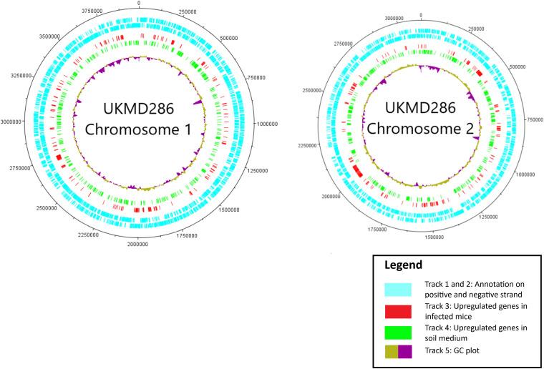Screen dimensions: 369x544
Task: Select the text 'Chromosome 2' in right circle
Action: (x=423, y=132)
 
